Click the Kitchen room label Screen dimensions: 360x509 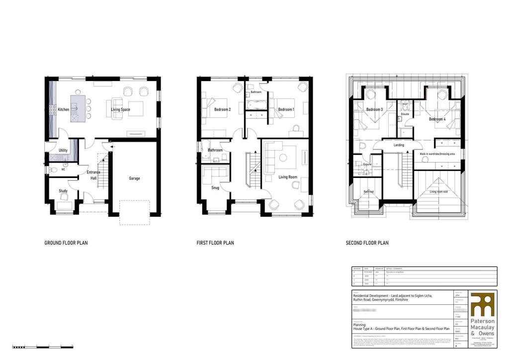click(63, 109)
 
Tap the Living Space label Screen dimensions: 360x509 click(120, 109)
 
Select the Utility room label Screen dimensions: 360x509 click(63, 150)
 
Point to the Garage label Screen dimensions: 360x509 click(134, 179)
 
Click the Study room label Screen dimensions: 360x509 click(63, 191)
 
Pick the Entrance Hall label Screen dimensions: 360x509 click(93, 176)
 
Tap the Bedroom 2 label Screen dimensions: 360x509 click(222, 109)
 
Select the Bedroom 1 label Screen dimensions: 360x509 click(286, 109)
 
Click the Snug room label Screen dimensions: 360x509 click(215, 188)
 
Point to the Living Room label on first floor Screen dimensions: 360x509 click(287, 177)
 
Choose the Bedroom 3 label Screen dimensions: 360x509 click(374, 109)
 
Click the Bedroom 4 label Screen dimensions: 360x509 click(437, 119)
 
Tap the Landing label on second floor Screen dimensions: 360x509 click(398, 145)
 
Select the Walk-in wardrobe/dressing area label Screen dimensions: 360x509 click(437, 154)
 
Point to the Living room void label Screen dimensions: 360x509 click(439, 191)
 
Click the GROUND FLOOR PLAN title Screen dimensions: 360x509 click(67, 243)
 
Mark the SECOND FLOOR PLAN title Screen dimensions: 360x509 click(367, 243)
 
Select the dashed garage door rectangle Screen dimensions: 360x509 click(134, 212)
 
